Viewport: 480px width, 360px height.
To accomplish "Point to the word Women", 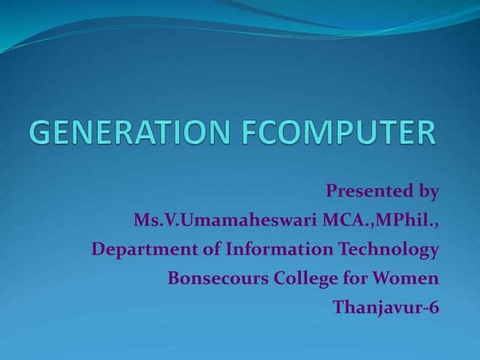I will pyautogui.click(x=410, y=278).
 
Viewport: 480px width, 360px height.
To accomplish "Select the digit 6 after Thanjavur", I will pyautogui.click(x=434, y=306).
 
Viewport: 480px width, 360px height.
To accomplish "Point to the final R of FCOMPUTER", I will pyautogui.click(x=425, y=134).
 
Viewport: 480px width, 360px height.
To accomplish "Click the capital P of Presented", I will pyautogui.click(x=332, y=189).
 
